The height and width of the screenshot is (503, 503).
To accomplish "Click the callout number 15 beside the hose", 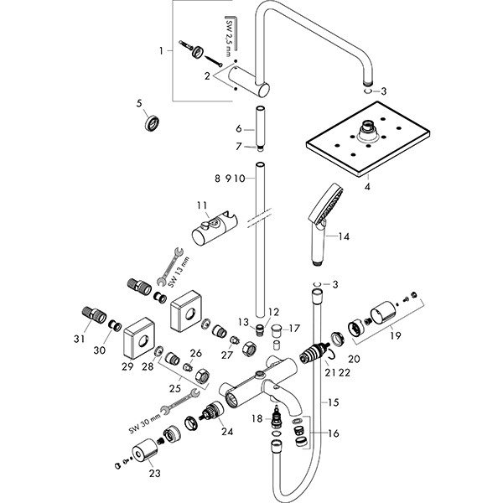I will click(334, 402).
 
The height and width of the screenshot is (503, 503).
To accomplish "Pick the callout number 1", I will click(162, 51).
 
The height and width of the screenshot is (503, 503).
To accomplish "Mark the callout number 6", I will click(238, 129).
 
